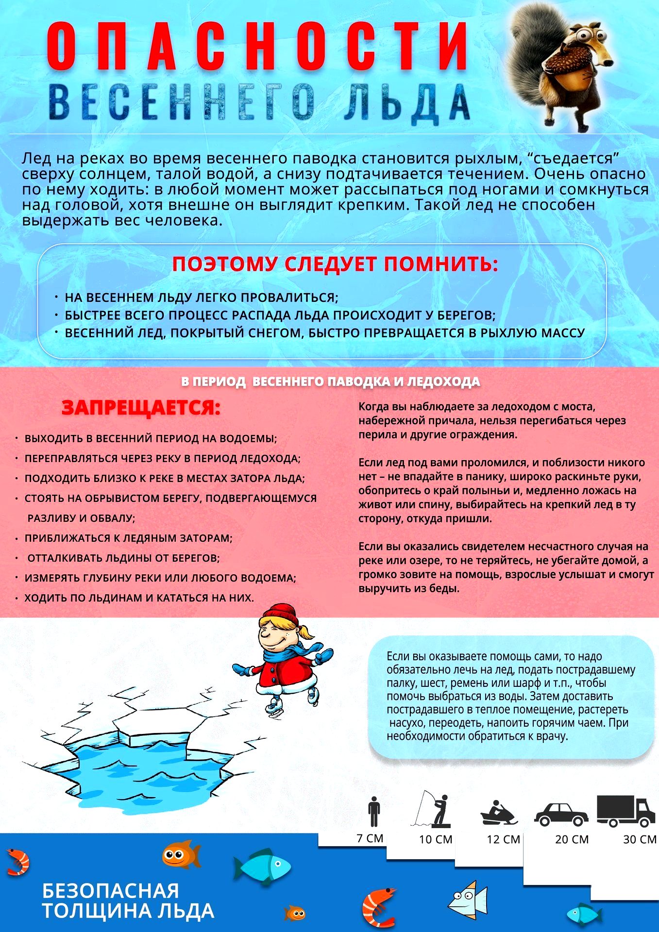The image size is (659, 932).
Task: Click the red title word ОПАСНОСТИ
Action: pos(257,46)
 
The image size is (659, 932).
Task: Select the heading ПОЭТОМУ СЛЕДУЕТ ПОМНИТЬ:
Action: pos(335,265)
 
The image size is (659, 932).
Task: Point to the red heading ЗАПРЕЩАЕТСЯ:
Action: pos(141,408)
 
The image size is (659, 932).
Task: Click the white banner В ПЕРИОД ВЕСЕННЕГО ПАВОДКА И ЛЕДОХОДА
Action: pos(330,382)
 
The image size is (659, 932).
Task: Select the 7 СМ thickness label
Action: pos(370,838)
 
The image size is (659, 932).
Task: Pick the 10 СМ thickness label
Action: pos(436,839)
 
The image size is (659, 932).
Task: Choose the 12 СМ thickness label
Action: pos(504,839)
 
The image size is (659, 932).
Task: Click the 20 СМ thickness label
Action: pos(572,839)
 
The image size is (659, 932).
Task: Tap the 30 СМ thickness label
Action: pos(640,839)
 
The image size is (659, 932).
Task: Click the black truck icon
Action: pos(625,811)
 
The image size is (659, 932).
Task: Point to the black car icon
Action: pos(561,814)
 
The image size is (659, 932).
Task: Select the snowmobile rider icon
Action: pos(499,813)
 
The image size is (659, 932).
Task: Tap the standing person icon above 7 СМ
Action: pos(374,811)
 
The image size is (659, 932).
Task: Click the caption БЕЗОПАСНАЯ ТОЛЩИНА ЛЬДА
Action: pos(128,901)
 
